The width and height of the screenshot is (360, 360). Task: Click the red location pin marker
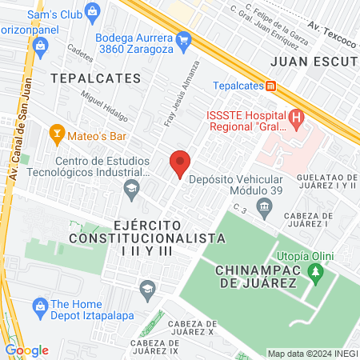180,163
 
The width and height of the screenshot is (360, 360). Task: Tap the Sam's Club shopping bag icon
94,11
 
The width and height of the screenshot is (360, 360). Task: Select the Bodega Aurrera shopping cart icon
183,38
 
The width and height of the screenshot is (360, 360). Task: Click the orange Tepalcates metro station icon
271,86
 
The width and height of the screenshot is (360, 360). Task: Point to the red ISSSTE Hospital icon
297,121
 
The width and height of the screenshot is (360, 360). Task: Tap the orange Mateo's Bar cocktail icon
56,130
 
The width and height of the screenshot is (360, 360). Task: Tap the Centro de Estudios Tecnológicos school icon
130,189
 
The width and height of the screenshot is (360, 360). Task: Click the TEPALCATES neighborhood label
95,78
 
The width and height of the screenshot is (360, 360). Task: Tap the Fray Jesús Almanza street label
181,94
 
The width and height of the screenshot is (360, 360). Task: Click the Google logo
26,350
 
